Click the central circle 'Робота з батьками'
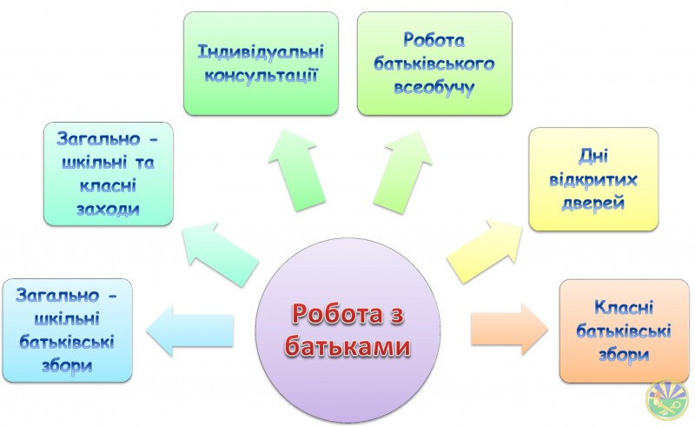click(348, 330)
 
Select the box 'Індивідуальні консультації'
click(261, 63)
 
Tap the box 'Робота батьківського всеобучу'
click(434, 63)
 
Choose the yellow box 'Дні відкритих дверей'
click(593, 179)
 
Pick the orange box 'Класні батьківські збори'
click(624, 331)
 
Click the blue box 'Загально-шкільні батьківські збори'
click(68, 330)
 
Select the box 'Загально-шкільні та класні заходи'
click(108, 174)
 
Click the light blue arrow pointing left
click(189, 330)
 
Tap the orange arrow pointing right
click(509, 329)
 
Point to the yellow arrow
click(485, 251)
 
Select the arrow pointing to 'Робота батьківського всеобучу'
click(402, 172)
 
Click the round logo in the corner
click(667, 398)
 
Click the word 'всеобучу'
click(434, 88)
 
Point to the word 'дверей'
click(593, 203)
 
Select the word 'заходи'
click(108, 209)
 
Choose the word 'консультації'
click(261, 76)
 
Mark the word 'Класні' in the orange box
click(624, 308)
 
